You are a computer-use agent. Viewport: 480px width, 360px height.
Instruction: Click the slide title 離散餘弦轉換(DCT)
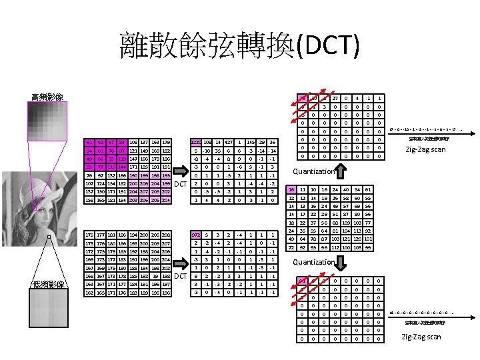click(x=239, y=45)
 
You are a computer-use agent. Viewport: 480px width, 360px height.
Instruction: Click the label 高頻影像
click(x=48, y=97)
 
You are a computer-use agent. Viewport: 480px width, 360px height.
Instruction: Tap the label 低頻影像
click(x=48, y=285)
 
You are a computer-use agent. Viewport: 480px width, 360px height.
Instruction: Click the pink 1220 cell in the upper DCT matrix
click(x=196, y=143)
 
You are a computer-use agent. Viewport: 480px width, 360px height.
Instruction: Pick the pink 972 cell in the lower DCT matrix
click(x=195, y=235)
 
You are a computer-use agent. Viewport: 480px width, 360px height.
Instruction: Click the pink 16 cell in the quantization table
click(x=291, y=190)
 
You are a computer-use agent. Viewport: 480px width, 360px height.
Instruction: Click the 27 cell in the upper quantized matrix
click(x=335, y=99)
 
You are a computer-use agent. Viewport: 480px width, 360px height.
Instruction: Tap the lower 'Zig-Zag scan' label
click(x=421, y=337)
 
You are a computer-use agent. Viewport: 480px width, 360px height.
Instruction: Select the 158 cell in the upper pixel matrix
click(x=89, y=199)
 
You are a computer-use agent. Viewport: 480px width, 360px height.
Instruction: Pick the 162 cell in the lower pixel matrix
click(x=89, y=292)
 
